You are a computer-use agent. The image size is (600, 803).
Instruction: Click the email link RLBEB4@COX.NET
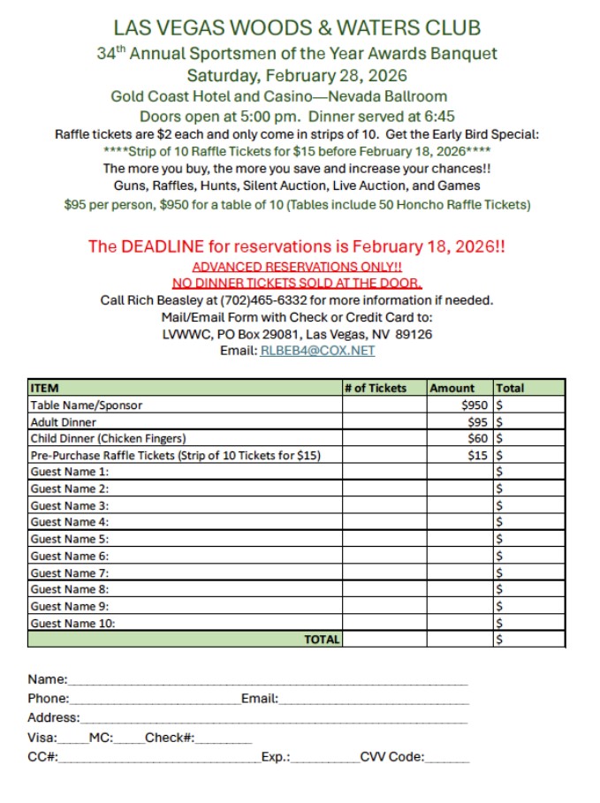317,351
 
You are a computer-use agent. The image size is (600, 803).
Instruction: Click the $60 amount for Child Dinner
477,438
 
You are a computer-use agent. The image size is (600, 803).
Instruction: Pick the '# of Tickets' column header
376,388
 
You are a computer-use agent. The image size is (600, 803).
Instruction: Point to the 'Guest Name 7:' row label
70,572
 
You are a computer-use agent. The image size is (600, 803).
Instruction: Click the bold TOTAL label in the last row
322,640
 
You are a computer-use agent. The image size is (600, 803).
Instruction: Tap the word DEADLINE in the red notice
161,247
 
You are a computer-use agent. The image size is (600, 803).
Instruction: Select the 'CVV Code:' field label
391,757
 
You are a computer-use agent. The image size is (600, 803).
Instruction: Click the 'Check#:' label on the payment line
170,738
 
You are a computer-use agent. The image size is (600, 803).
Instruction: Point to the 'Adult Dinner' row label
63,421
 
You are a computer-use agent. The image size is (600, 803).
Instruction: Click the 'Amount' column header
452,388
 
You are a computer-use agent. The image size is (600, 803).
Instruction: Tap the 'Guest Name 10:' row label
72,623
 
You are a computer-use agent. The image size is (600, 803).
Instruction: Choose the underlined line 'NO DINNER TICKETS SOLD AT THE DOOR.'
297,284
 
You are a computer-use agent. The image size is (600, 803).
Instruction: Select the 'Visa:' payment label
42,738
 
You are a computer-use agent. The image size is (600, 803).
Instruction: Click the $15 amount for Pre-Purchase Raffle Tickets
477,455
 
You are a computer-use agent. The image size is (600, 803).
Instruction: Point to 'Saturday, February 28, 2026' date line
297,75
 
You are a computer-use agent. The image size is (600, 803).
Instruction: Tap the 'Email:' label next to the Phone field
260,699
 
